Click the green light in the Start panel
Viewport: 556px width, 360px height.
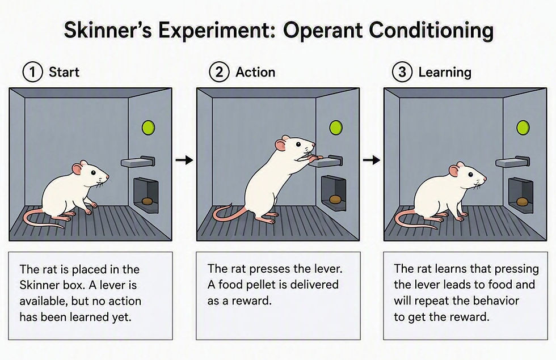point(148,128)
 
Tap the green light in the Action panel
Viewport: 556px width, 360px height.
point(336,128)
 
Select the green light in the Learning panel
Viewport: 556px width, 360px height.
point(523,128)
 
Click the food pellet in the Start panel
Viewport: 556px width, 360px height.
point(147,201)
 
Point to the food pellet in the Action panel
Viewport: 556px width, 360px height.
point(335,199)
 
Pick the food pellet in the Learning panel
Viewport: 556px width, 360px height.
point(522,202)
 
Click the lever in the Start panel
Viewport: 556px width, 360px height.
point(138,162)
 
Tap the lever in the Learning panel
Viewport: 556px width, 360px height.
point(513,162)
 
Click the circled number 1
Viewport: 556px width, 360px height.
point(33,73)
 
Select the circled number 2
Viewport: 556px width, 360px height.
point(220,73)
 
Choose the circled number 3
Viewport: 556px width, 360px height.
point(402,73)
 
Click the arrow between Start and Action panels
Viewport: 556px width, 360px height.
point(184,160)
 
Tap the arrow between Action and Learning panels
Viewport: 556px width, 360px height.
point(372,160)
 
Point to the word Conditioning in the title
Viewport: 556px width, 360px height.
point(431,31)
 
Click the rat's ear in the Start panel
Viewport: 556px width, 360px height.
point(77,169)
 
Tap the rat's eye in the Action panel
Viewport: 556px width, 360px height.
point(298,144)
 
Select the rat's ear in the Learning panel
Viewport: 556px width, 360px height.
point(453,171)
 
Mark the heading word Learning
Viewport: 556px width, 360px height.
point(445,73)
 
